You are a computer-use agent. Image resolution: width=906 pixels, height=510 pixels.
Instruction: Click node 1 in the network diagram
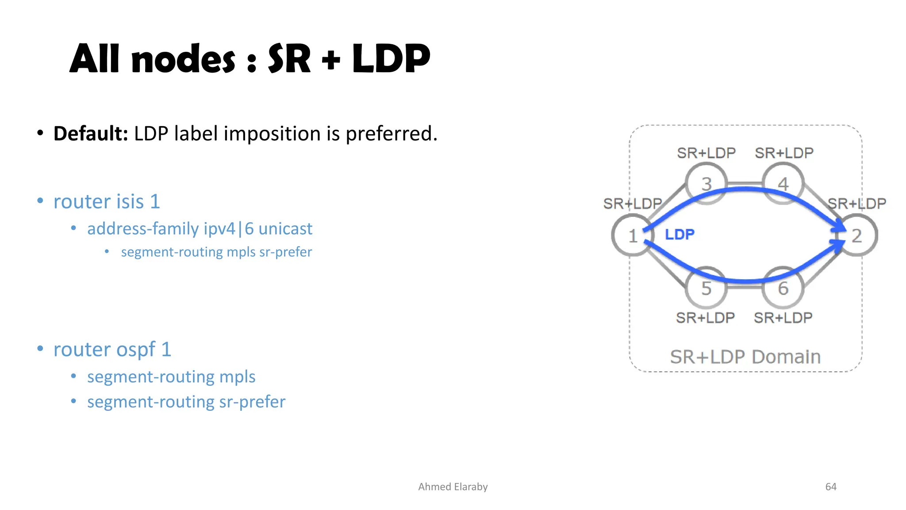pyautogui.click(x=632, y=235)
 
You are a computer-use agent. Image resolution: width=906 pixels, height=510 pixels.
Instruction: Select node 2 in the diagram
pyautogui.click(x=857, y=235)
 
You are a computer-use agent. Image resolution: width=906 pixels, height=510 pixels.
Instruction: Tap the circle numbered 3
pyautogui.click(x=706, y=184)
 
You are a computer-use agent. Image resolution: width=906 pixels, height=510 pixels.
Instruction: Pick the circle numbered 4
pyautogui.click(x=783, y=184)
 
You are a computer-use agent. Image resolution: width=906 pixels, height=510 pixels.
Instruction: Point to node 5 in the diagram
pyautogui.click(x=706, y=288)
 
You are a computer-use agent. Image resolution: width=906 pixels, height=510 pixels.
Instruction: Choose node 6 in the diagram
pyautogui.click(x=783, y=288)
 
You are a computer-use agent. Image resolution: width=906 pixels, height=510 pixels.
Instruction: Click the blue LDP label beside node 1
pyautogui.click(x=679, y=234)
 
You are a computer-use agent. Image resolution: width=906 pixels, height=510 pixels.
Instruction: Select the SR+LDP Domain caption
pyautogui.click(x=745, y=357)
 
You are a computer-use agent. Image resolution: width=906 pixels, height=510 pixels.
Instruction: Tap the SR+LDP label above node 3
pyautogui.click(x=706, y=153)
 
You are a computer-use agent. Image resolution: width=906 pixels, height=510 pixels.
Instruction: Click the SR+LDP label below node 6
pyautogui.click(x=783, y=318)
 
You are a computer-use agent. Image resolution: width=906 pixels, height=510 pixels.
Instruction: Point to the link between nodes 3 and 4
pyautogui.click(x=745, y=183)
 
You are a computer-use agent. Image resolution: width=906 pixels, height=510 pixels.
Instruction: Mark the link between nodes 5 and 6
pyautogui.click(x=745, y=286)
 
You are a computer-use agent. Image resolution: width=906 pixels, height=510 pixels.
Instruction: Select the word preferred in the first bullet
pyautogui.click(x=391, y=134)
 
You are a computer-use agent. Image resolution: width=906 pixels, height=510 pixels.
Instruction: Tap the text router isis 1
pyautogui.click(x=107, y=202)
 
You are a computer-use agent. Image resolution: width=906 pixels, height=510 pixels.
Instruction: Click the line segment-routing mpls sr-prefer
pyautogui.click(x=216, y=252)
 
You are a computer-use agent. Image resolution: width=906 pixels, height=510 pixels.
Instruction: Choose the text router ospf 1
pyautogui.click(x=112, y=350)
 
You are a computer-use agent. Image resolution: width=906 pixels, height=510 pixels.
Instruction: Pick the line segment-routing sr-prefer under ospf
pyautogui.click(x=186, y=402)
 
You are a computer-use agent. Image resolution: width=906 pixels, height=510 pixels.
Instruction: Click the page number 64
pyautogui.click(x=831, y=487)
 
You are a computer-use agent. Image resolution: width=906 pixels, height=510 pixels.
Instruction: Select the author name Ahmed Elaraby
pyautogui.click(x=453, y=487)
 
